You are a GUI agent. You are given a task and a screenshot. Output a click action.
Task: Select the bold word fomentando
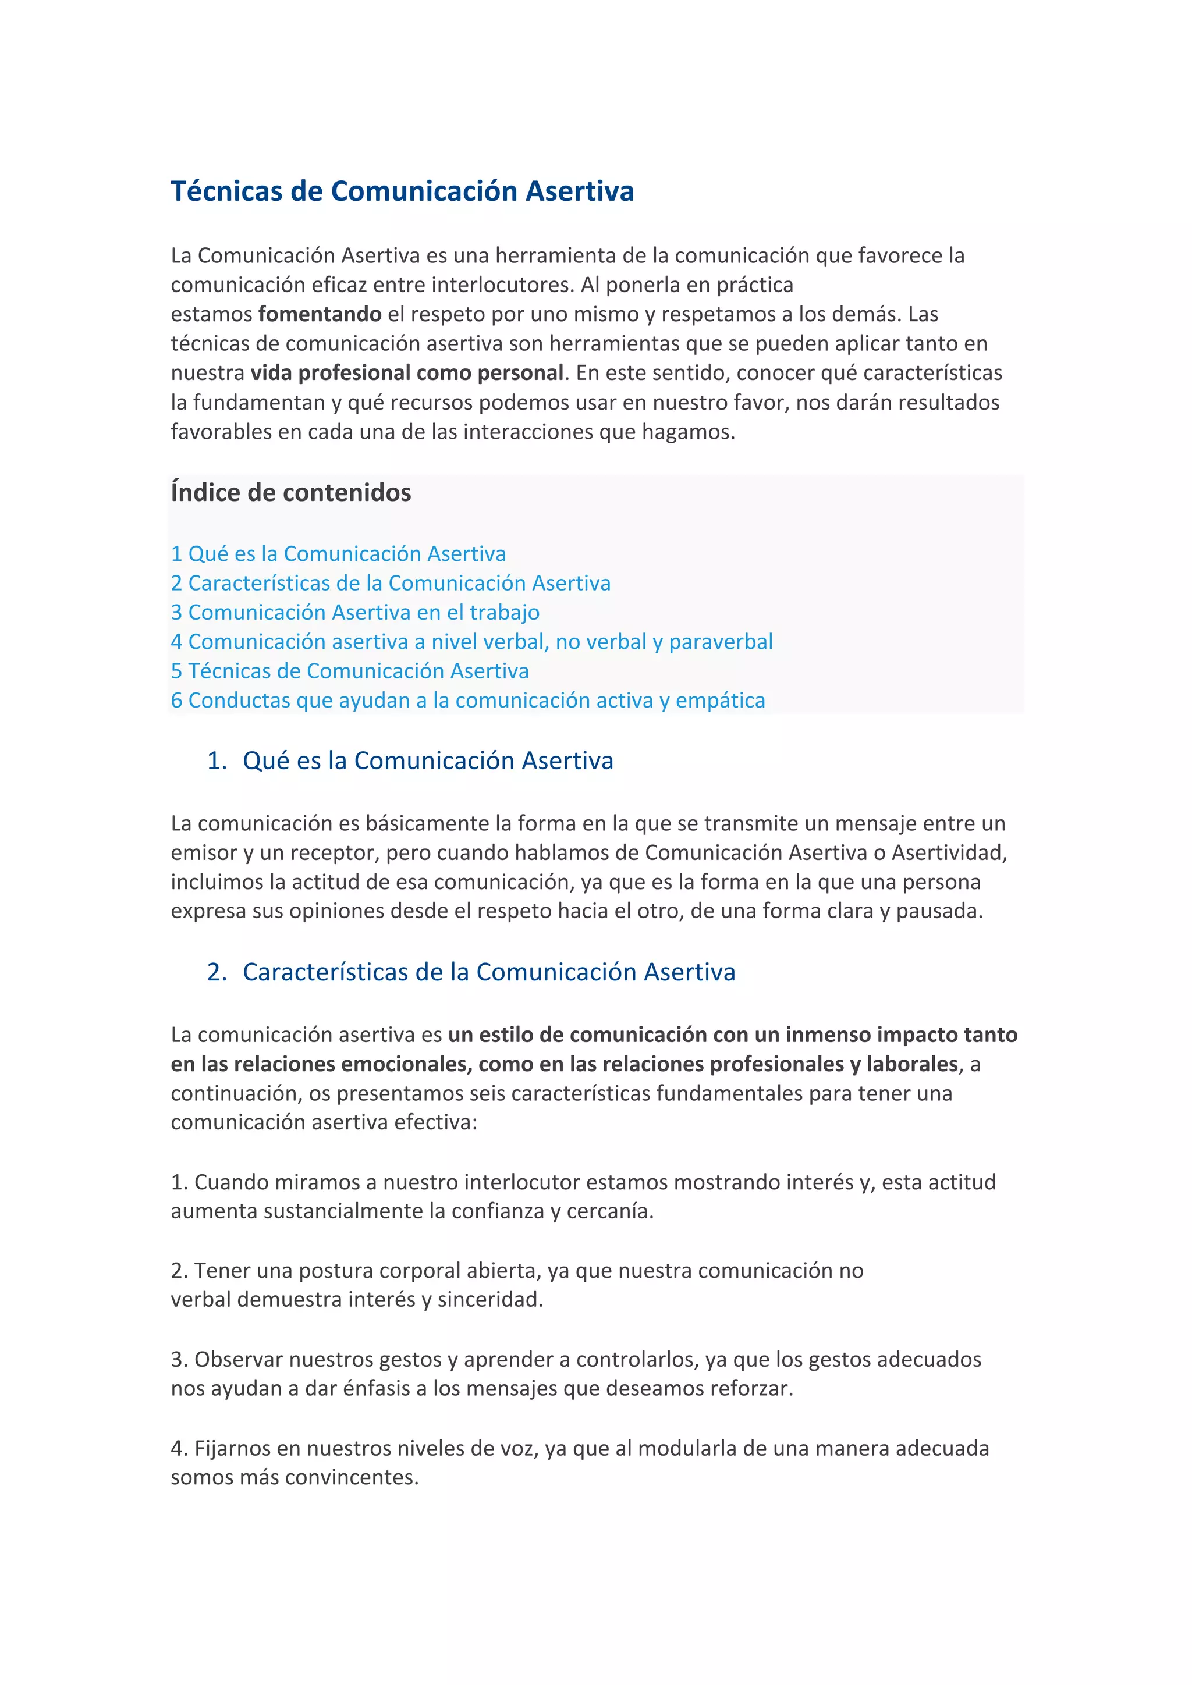pyautogui.click(x=320, y=314)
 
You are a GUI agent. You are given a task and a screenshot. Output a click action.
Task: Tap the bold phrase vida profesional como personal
pyautogui.click(x=407, y=373)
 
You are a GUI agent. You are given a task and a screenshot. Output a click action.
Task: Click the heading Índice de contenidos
pyautogui.click(x=290, y=492)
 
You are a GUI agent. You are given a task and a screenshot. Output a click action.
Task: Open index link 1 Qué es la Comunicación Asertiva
pyautogui.click(x=338, y=553)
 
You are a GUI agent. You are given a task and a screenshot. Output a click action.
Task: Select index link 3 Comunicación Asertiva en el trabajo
pyautogui.click(x=355, y=612)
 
